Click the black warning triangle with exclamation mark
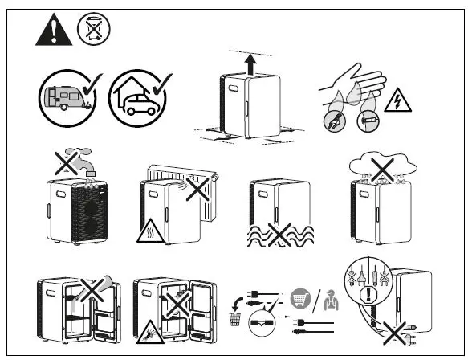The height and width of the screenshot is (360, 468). (x=51, y=31)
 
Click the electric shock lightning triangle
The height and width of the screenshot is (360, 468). (x=395, y=101)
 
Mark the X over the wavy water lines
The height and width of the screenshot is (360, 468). (x=279, y=235)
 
